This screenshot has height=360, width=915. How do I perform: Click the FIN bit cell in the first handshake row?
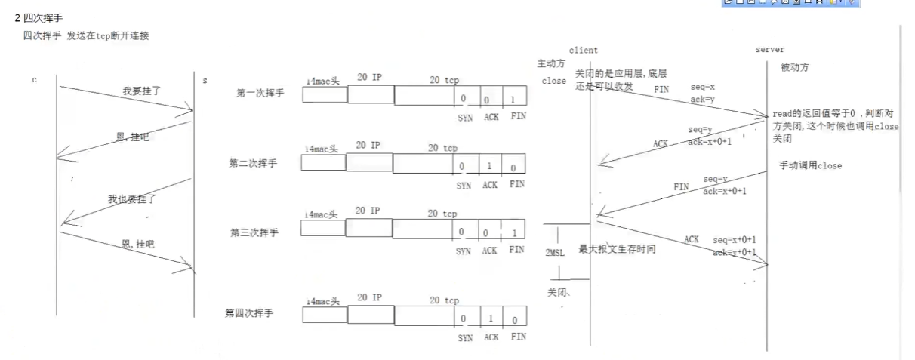pos(514,99)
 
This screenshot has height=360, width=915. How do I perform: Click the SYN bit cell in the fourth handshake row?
pos(464,319)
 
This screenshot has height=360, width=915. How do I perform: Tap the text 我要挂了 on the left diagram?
pos(142,91)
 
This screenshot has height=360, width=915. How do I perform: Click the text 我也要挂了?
pos(131,199)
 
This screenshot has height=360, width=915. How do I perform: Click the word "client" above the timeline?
pos(582,51)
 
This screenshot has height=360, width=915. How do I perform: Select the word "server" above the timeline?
pos(770,50)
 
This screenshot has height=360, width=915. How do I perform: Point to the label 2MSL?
pos(555,253)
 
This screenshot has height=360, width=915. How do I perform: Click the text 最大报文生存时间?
pos(616,248)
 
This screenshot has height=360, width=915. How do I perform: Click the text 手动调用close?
pos(810,165)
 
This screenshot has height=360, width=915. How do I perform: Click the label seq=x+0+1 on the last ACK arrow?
pos(735,239)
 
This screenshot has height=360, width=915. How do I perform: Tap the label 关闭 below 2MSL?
pos(557,293)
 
